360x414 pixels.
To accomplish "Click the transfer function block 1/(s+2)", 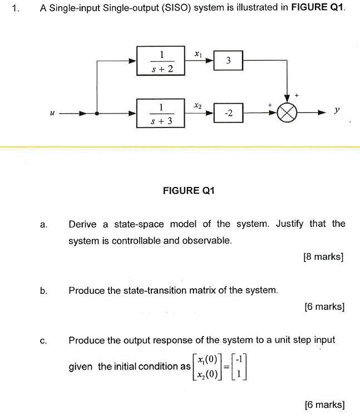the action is point(160,61).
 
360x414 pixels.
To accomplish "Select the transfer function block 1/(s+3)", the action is point(160,114).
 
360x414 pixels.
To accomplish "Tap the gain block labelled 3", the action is point(228,61).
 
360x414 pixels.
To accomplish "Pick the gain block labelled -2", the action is point(228,113).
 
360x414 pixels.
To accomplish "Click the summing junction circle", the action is point(287,113).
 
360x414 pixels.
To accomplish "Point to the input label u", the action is point(52,114).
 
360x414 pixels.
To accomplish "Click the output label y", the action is point(337,110).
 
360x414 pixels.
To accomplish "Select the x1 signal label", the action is point(198,54).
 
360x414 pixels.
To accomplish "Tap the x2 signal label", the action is point(198,106).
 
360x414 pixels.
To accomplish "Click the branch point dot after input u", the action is point(97,114).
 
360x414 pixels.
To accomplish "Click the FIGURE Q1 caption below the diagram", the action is point(189,191).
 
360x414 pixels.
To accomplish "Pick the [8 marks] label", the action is point(324,257).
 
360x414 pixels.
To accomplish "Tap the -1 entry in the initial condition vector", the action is point(239,359).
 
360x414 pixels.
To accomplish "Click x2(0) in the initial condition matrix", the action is point(208,373).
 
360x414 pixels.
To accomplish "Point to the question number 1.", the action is point(16,8).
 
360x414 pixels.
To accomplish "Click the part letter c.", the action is point(43,341).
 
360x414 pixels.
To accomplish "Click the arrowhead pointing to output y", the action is point(322,113).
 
